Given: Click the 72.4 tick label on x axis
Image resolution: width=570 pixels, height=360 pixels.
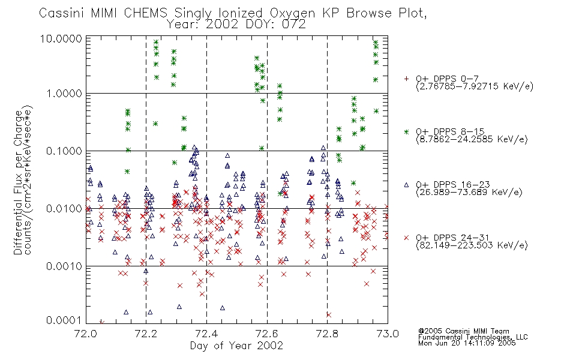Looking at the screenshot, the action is tap(206, 334).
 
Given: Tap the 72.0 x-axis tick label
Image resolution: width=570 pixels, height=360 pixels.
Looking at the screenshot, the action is tap(85, 334).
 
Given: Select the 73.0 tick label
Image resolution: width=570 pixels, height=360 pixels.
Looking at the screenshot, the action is tap(388, 334).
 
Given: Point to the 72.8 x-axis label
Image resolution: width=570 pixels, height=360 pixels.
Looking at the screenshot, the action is tap(327, 334).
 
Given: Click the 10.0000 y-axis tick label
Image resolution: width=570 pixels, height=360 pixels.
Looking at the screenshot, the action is tap(61, 38).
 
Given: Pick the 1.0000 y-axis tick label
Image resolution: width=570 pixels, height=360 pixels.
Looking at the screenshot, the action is tap(64, 94).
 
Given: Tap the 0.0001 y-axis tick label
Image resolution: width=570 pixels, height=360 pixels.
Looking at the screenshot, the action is tap(64, 320).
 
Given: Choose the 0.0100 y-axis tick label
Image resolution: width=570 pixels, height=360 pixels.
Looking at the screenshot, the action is tap(64, 208).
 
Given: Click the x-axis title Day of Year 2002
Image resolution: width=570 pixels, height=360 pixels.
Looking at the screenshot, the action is tap(236, 346).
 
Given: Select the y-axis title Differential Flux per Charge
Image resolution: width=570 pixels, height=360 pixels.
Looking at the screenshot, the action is tap(18, 182).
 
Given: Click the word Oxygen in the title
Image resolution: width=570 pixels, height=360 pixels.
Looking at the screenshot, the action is tap(292, 13).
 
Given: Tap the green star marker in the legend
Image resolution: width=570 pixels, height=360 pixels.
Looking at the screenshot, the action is tap(406, 131).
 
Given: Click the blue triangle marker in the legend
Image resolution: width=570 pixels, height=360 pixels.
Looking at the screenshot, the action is tap(406, 185).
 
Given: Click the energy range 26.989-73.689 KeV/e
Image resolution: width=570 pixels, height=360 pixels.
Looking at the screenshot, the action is tap(469, 192).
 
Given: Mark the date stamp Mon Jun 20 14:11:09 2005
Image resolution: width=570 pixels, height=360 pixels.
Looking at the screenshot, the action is tap(467, 343).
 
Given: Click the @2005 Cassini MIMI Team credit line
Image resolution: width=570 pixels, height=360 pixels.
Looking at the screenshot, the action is tap(463, 331).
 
